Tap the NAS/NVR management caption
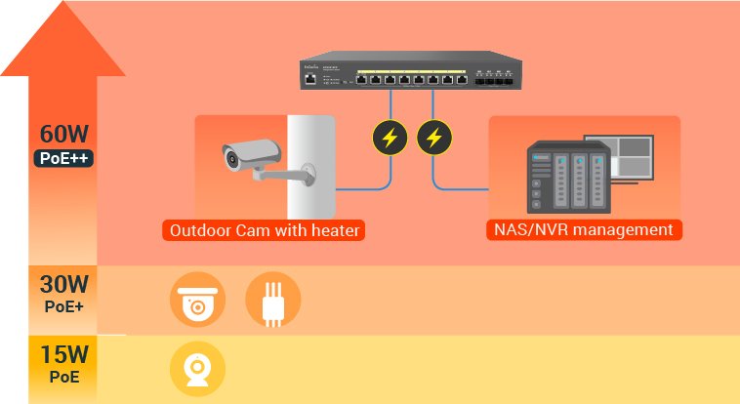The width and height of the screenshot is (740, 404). (x=584, y=230)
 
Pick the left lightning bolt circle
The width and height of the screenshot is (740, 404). (x=390, y=137)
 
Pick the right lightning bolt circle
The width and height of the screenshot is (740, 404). (x=434, y=137)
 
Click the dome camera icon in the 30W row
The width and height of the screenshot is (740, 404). (x=198, y=299)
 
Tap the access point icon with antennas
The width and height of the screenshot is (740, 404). (x=272, y=299)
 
